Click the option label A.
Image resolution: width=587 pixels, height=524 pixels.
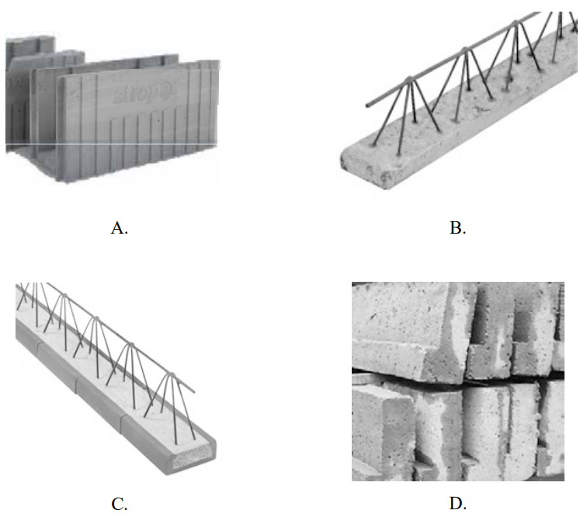click(119, 227)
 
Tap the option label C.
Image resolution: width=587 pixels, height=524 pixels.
click(119, 504)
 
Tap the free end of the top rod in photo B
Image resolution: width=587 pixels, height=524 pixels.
click(366, 104)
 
